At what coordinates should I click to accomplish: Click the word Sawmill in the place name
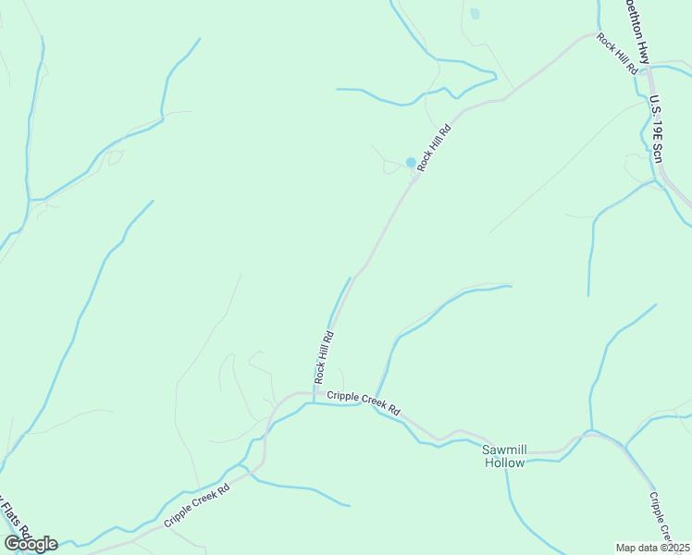504,450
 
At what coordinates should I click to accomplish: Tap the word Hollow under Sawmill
504,462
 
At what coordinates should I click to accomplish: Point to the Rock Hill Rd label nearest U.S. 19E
617,54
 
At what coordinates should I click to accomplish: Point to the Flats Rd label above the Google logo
13,523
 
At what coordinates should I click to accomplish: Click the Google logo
31,544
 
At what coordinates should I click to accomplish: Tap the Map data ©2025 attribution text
652,548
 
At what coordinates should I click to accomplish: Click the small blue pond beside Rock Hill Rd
411,163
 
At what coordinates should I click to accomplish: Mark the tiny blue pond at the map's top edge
475,13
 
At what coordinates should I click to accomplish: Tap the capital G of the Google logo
11,544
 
